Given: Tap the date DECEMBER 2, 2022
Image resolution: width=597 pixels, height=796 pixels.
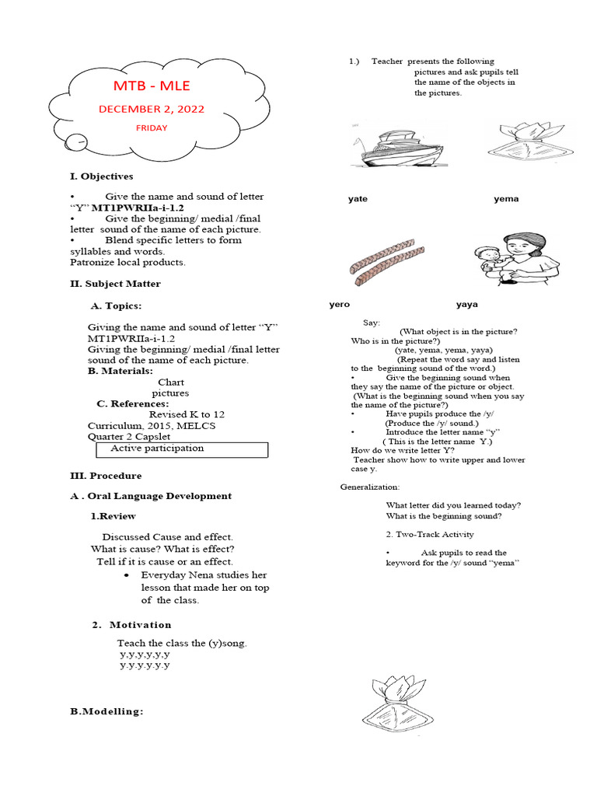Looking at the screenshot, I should tap(152, 110).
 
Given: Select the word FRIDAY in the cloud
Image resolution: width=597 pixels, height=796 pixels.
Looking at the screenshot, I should tap(152, 128).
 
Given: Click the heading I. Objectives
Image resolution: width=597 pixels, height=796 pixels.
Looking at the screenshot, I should tap(101, 176).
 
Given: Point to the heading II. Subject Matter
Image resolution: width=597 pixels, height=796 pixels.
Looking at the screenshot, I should tap(115, 284).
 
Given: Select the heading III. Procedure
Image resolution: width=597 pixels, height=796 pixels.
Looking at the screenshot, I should tap(106, 476).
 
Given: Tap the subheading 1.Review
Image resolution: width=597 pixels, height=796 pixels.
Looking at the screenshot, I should tap(113, 516).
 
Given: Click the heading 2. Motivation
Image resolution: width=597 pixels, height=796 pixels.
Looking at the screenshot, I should tap(131, 625).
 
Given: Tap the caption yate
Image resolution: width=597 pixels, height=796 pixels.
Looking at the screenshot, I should tap(358, 199).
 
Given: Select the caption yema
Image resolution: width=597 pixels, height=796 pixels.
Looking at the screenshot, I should tap(505, 199).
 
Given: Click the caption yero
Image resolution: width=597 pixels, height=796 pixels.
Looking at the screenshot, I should tap(340, 305).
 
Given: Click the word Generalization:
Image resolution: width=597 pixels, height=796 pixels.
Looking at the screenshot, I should tap(370, 487).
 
